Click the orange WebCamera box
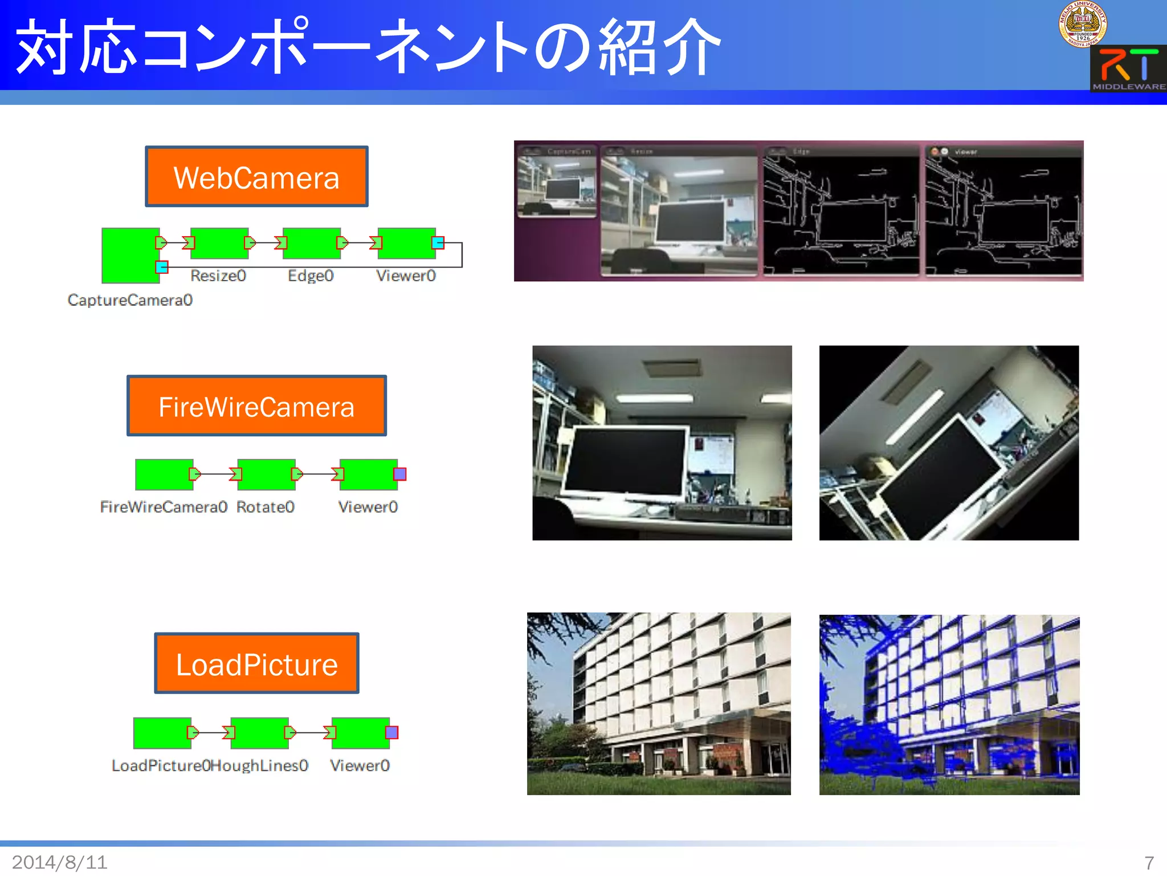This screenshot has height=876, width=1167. (256, 176)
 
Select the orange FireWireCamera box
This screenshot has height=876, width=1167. (256, 405)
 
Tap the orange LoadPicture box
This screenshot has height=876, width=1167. (256, 663)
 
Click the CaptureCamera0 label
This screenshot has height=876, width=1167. (130, 300)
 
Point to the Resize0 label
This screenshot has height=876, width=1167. (218, 276)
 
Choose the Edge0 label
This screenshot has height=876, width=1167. (311, 276)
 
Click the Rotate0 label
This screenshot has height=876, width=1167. (266, 507)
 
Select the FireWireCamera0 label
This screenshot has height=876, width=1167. (164, 507)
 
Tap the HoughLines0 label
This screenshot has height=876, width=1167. (260, 765)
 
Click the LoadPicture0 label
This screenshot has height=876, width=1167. (161, 765)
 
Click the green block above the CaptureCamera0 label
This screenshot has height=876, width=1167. (130, 255)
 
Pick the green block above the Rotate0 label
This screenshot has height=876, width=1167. (266, 474)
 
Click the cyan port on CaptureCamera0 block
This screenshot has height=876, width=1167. (162, 267)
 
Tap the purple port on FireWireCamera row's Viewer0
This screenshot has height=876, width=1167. (400, 474)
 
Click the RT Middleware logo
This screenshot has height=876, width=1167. (1128, 69)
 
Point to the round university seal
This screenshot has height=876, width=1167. (1083, 24)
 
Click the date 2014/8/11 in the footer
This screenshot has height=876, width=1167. (60, 862)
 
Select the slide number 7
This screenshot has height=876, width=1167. (1149, 862)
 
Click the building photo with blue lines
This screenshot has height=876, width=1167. (949, 705)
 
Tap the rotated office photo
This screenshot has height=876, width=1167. (949, 443)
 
